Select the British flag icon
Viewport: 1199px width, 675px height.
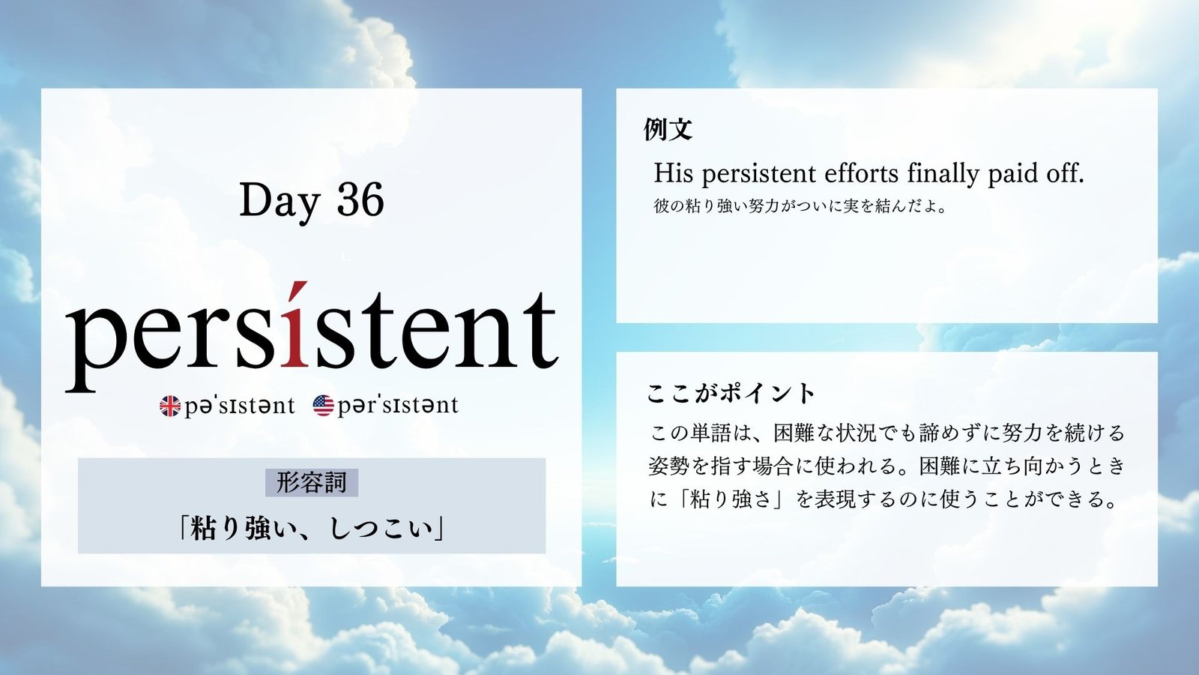point(169,406)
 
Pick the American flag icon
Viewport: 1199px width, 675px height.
point(323,406)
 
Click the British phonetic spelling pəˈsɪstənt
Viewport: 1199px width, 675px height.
point(239,406)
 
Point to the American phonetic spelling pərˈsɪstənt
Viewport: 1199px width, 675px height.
point(398,406)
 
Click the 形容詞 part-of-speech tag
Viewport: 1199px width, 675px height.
point(312,483)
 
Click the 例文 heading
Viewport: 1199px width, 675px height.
point(668,129)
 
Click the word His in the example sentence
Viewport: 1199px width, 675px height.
point(674,173)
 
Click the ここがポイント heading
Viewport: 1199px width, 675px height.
point(731,394)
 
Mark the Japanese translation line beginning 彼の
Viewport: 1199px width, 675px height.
point(800,206)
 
